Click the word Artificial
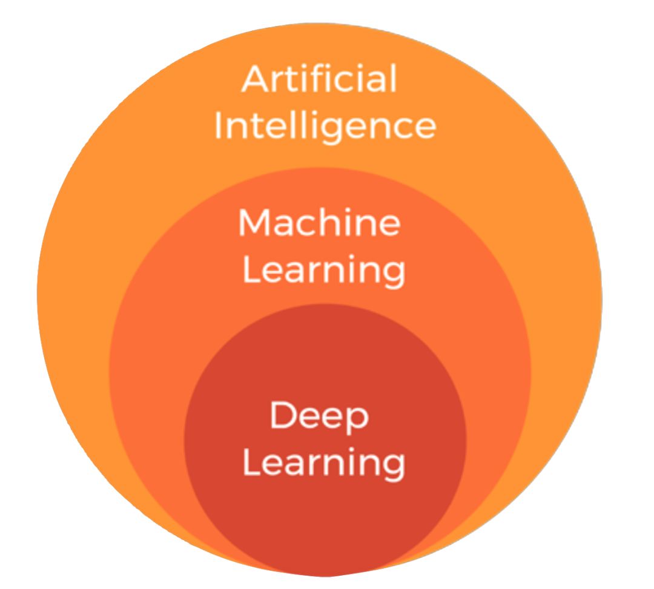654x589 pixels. click(x=320, y=79)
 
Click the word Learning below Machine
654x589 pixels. click(x=324, y=271)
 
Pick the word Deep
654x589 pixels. click(x=319, y=416)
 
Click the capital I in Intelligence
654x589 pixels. click(x=220, y=125)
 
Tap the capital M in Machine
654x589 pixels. click(x=255, y=223)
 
